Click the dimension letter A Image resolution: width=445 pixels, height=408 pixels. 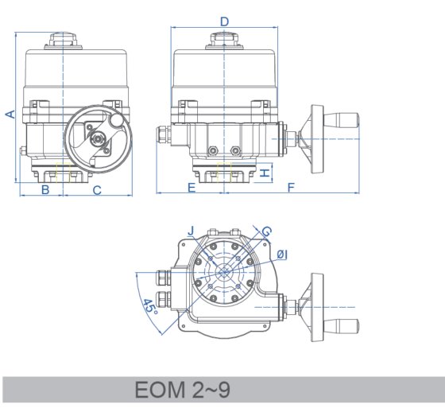(x=10, y=113)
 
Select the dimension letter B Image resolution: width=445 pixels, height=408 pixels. (x=45, y=189)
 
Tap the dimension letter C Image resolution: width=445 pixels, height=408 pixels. (x=97, y=189)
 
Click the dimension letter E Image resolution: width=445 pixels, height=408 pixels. (x=192, y=188)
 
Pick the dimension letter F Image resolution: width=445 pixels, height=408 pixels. (x=291, y=188)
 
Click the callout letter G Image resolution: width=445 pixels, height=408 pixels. (x=266, y=231)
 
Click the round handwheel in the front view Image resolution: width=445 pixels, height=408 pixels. (x=97, y=140)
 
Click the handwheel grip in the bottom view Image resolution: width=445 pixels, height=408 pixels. (x=345, y=324)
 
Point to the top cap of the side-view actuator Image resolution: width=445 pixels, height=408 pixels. (x=225, y=39)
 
